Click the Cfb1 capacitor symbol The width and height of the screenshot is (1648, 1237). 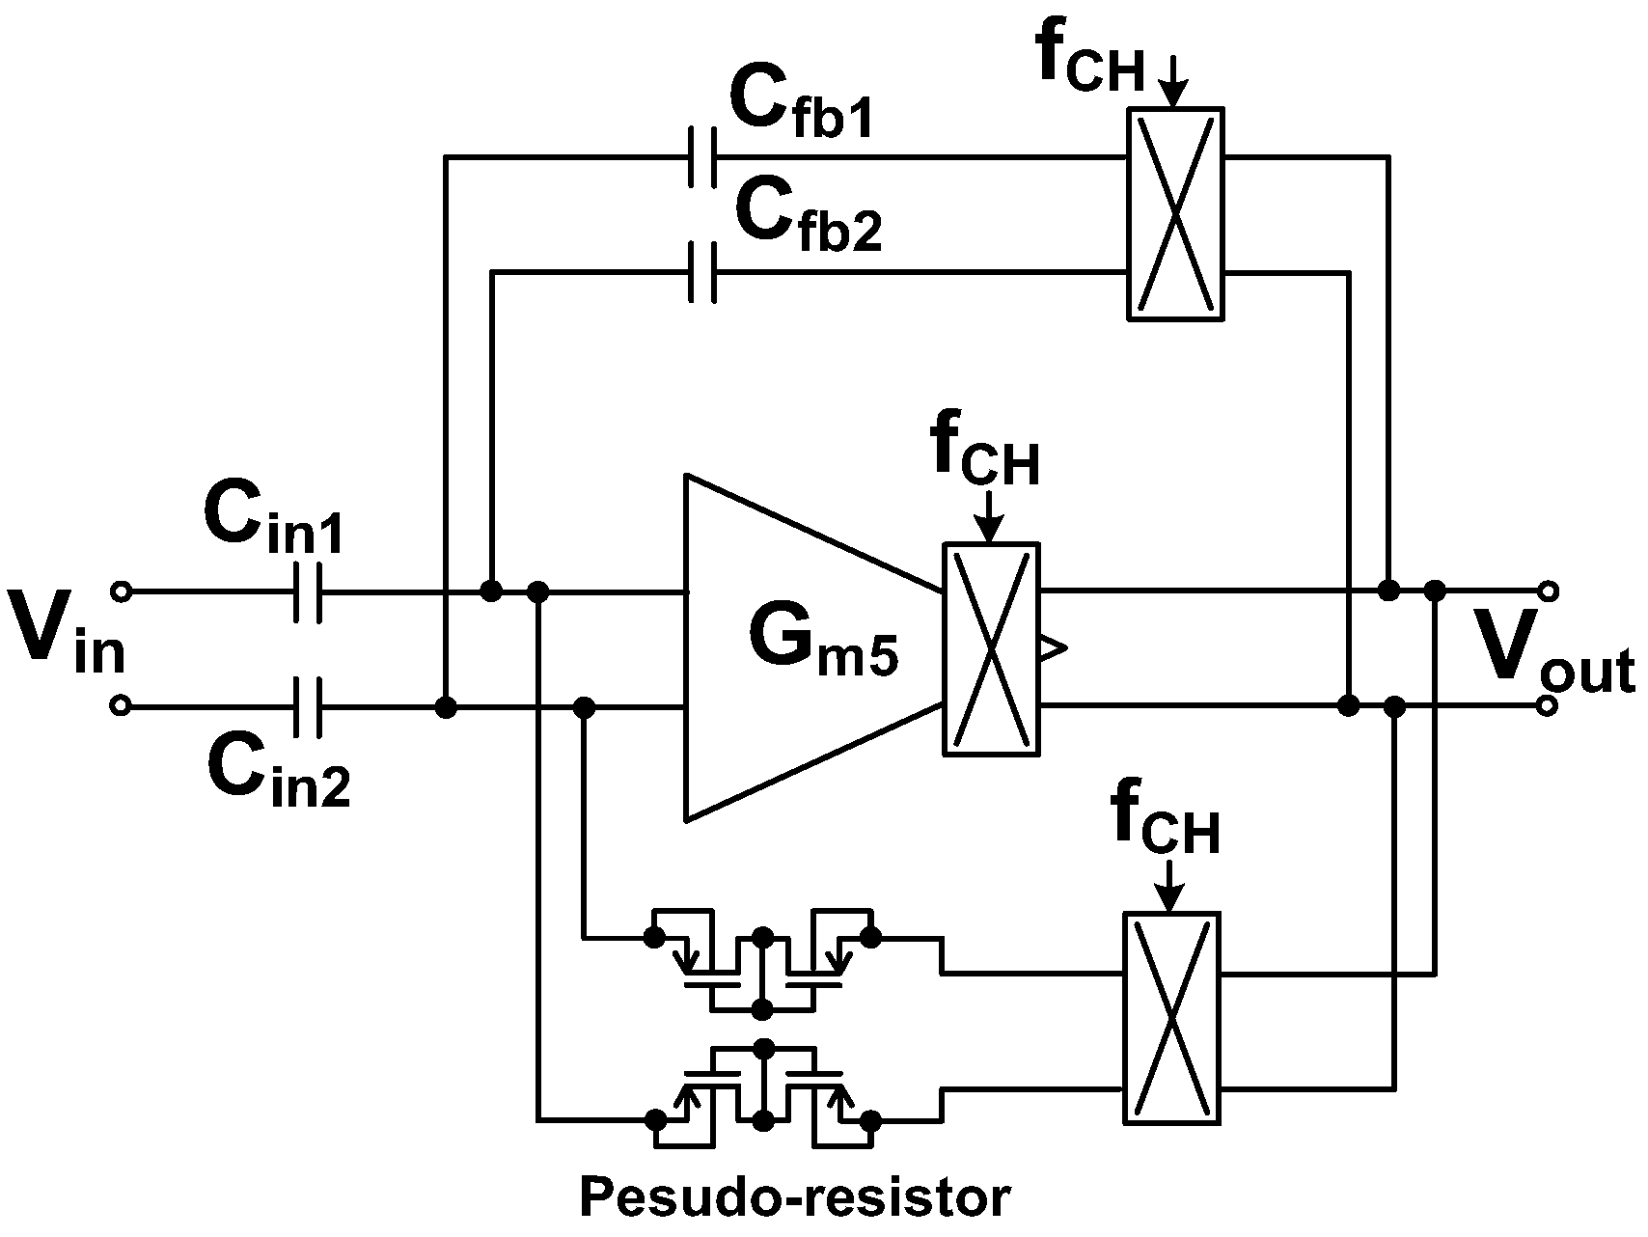click(702, 156)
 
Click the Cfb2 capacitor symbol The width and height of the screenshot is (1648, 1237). click(702, 273)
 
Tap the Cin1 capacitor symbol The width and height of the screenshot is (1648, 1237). click(308, 591)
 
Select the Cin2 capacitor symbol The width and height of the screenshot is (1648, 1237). click(308, 707)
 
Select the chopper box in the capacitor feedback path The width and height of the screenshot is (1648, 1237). click(1174, 213)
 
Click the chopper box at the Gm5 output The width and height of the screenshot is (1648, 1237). click(991, 649)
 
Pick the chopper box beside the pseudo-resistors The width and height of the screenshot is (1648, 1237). click(1171, 1031)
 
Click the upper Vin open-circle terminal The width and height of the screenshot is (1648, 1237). click(121, 591)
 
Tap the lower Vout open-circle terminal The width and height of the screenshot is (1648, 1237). click(1547, 707)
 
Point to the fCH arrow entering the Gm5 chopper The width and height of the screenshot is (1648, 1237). click(991, 521)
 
